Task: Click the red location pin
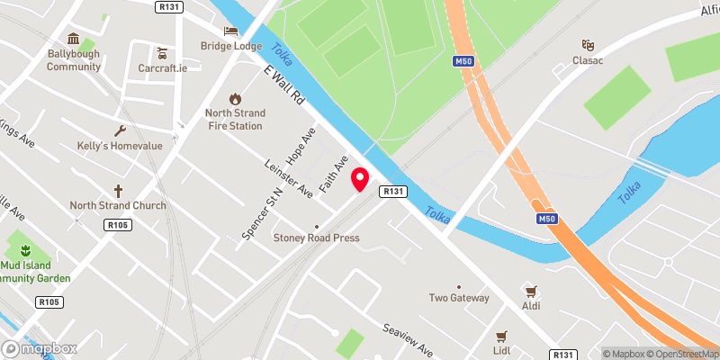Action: click(360, 179)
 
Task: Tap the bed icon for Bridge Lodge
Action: click(230, 31)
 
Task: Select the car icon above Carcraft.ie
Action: click(162, 51)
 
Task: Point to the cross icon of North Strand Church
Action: click(118, 191)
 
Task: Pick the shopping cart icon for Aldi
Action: click(530, 292)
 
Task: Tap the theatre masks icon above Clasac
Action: click(588, 45)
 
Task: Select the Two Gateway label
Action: click(459, 298)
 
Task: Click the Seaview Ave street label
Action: click(408, 340)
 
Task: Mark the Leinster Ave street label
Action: click(288, 178)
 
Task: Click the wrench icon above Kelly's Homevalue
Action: click(118, 131)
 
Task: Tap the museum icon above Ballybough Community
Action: click(74, 40)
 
